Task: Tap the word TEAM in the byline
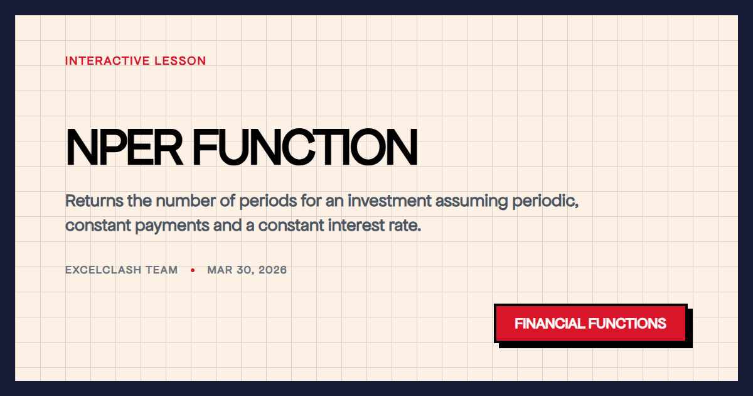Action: [163, 270]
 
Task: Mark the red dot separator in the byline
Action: [193, 270]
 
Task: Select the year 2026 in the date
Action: [273, 270]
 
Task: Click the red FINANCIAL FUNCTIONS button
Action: [590, 324]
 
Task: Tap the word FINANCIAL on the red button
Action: [550, 324]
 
